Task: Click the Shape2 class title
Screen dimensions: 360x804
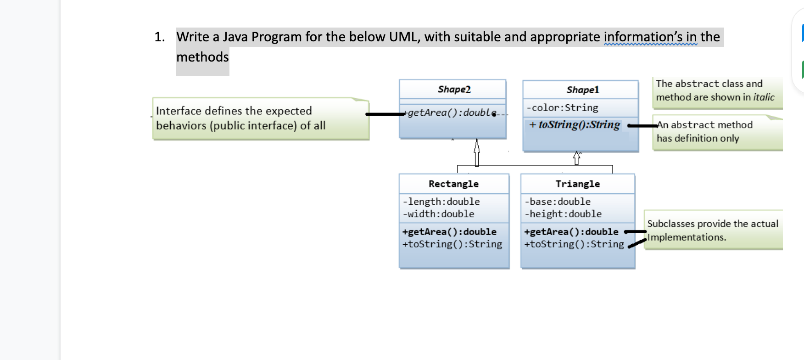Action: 454,89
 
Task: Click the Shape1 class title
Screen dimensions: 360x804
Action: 582,90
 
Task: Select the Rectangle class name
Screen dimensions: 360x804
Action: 453,184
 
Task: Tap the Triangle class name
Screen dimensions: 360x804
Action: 577,184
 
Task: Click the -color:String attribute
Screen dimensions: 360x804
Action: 562,108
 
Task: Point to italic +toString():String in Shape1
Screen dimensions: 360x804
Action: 575,125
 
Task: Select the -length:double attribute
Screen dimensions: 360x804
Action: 441,202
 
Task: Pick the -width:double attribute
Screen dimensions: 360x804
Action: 438,214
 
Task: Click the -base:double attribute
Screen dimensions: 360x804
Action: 558,202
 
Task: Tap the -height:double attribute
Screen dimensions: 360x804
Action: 563,214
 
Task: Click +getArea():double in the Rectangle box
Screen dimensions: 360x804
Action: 449,232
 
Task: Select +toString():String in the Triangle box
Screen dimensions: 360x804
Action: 574,244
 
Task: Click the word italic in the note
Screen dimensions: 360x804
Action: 764,97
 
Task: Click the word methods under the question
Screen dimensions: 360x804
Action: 202,57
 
